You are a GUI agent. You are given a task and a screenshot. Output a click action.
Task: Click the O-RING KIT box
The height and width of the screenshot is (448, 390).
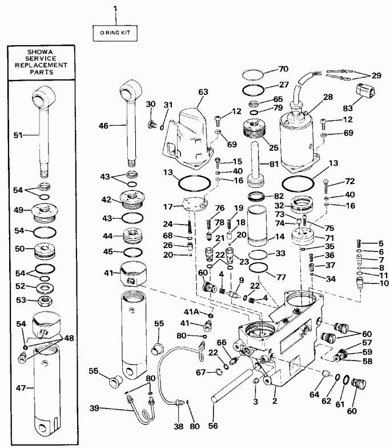115,33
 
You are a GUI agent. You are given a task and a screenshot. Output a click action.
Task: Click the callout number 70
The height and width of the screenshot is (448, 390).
284,69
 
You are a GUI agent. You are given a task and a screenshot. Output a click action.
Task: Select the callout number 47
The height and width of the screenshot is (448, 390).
19,387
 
